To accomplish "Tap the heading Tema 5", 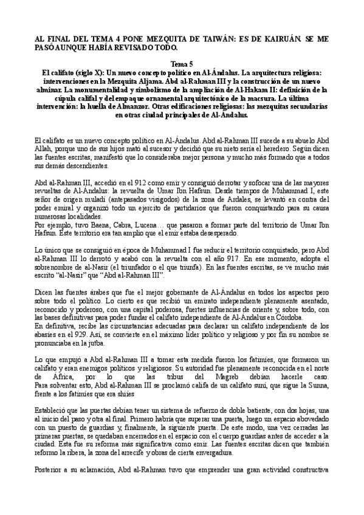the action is tap(182, 64).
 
